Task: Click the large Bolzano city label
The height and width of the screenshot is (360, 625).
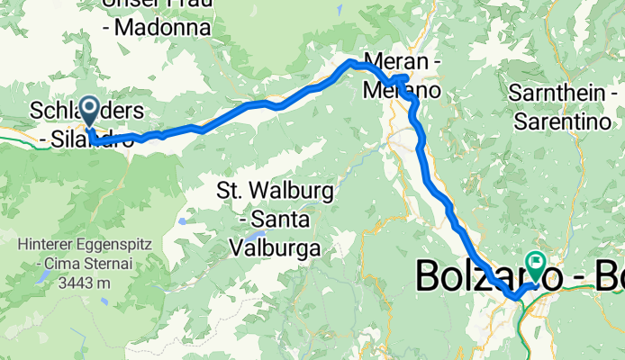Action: tap(482, 276)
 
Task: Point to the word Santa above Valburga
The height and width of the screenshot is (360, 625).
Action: tap(284, 218)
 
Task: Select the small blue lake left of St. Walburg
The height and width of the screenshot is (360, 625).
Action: tap(184, 220)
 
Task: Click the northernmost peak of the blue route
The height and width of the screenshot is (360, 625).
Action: tap(351, 61)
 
